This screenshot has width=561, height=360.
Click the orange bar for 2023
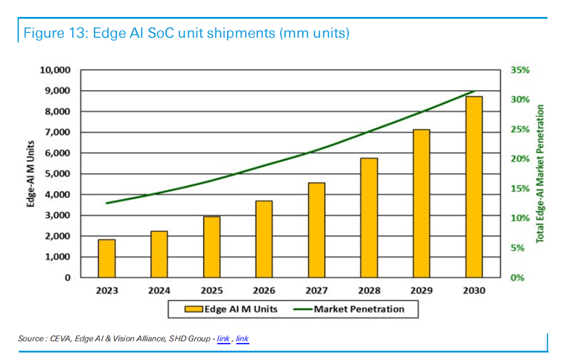pos(107,258)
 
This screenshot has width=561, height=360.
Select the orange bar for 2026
pos(264,239)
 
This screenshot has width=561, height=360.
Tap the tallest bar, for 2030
pos(474,187)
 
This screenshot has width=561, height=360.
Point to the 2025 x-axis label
pos(212,290)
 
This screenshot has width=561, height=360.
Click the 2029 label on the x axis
pos(421,290)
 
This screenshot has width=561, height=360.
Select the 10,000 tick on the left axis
pos(56,70)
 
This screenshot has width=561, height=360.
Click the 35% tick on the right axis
pos(520,70)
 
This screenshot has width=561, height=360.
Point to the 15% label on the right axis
pos(520,189)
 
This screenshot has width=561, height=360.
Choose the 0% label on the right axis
pos(517,278)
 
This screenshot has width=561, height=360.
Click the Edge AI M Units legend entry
pos(231,309)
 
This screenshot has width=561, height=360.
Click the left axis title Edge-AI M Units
pos(32,174)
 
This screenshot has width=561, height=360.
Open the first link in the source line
pos(223,339)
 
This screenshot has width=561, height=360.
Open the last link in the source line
pos(243,339)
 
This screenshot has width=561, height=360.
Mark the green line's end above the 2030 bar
pos(474,91)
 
